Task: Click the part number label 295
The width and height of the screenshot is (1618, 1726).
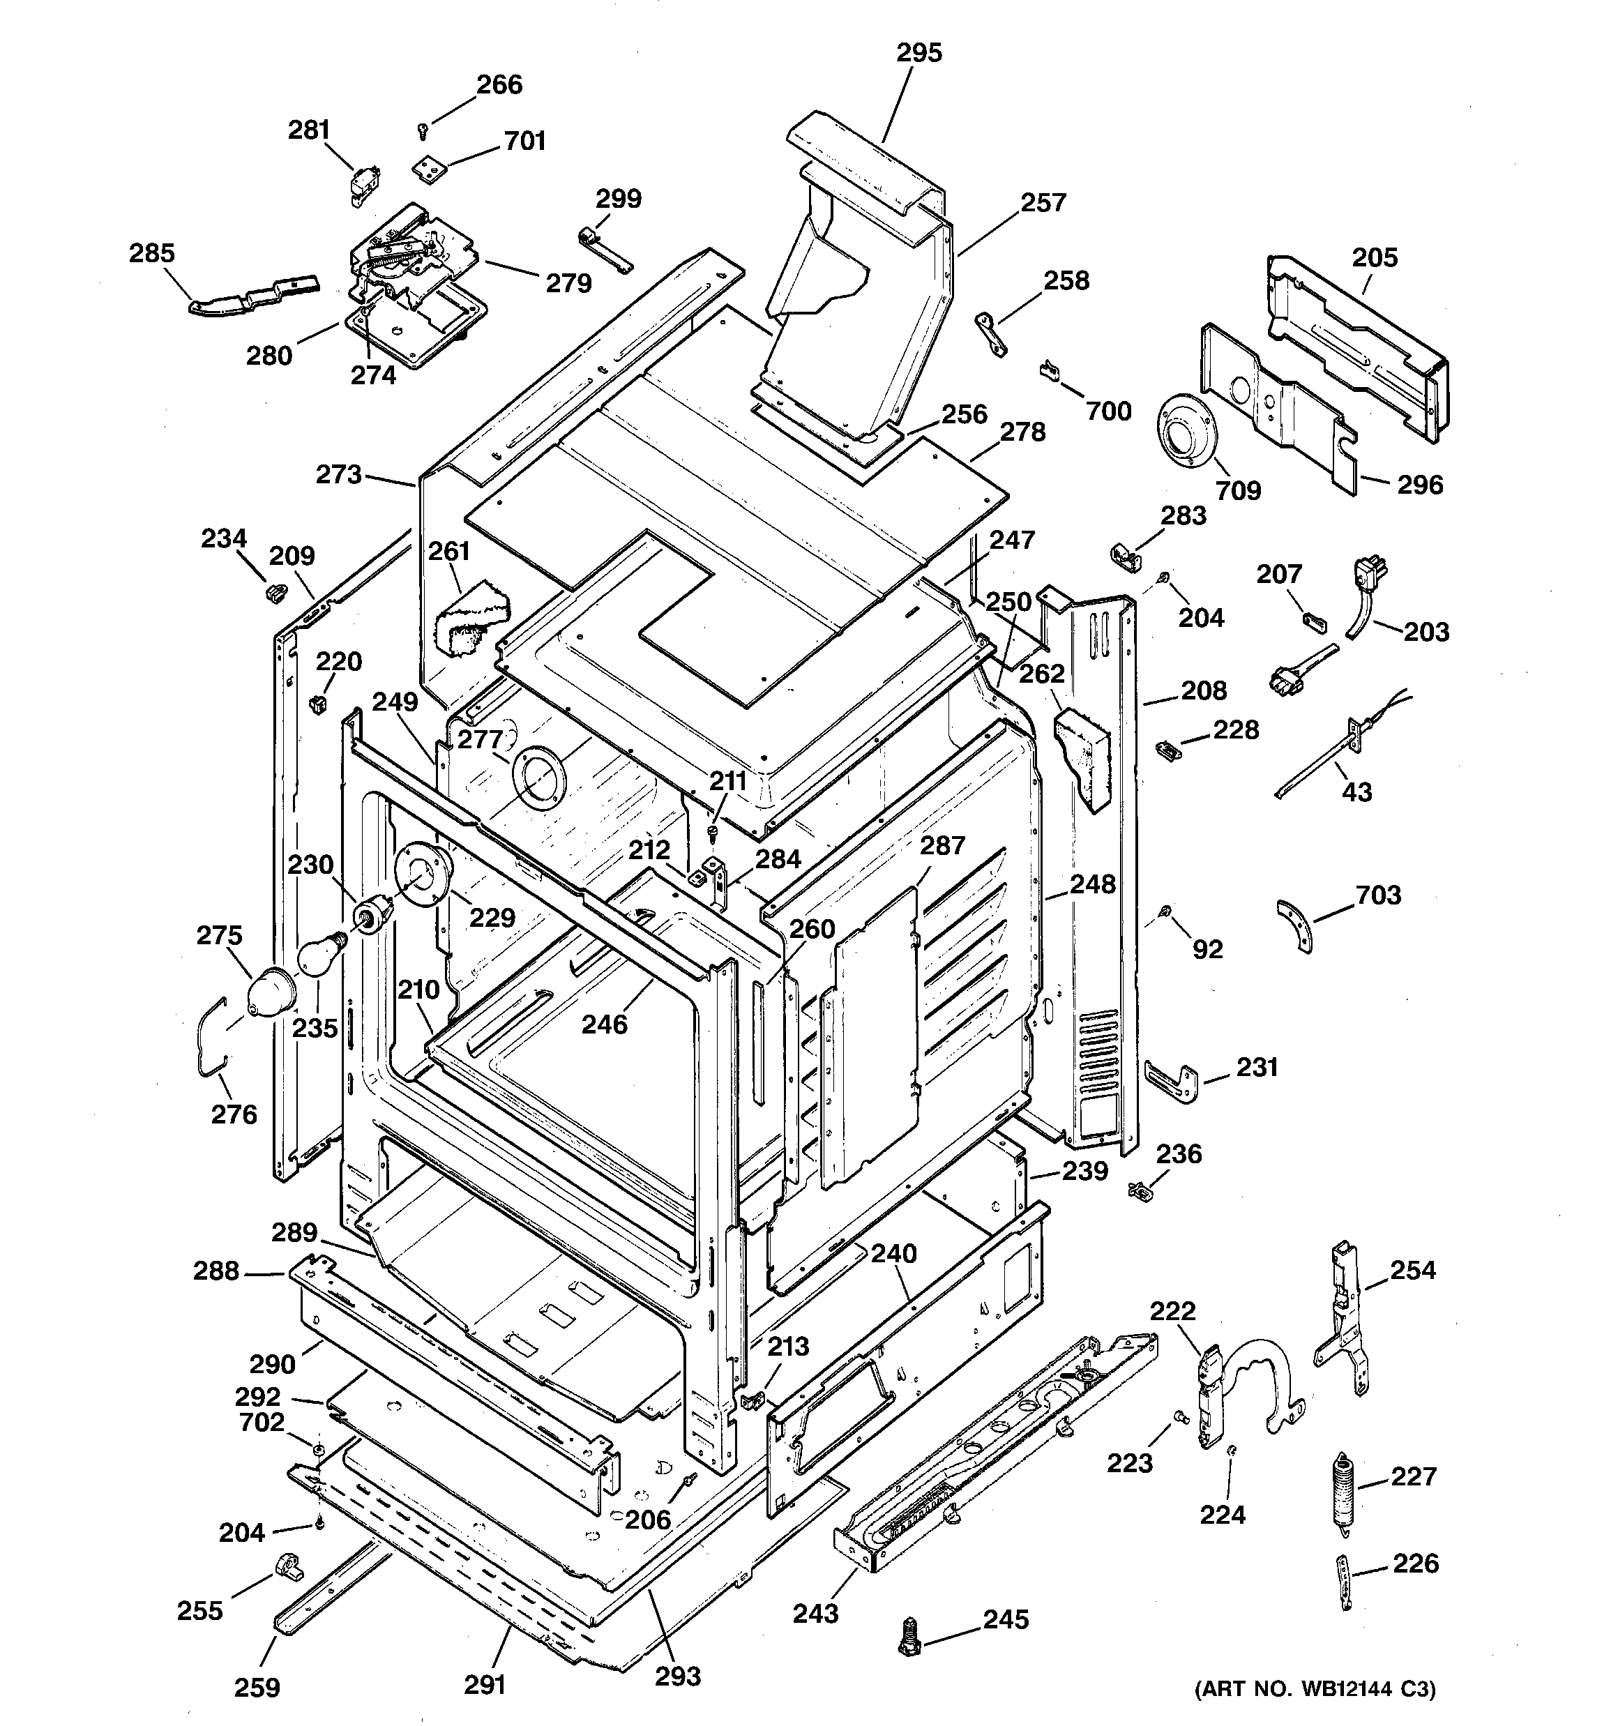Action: pyautogui.click(x=919, y=53)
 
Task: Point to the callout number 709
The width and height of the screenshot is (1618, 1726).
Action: pyautogui.click(x=1238, y=490)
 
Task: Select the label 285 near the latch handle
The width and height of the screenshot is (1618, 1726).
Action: pyautogui.click(x=152, y=254)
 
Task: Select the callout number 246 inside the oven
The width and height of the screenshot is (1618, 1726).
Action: pyautogui.click(x=603, y=1024)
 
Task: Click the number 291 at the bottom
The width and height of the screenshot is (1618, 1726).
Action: pyautogui.click(x=485, y=1685)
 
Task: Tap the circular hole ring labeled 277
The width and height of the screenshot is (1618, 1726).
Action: pyautogui.click(x=538, y=775)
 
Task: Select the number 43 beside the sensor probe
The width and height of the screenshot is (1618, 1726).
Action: pyautogui.click(x=1356, y=792)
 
